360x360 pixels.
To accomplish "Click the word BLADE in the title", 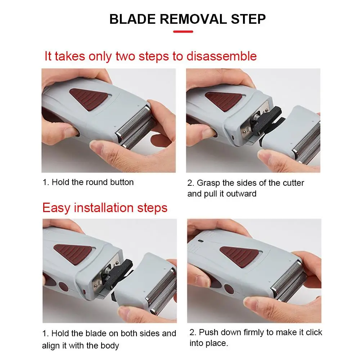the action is (132, 19).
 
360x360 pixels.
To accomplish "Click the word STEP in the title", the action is (248, 19).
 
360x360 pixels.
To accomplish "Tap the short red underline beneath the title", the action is (183, 32).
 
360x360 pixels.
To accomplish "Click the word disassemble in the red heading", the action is (221, 56).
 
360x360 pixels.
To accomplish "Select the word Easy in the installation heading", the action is (56, 208).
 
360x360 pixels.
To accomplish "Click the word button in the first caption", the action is (122, 182).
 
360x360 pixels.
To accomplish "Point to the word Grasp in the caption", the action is (208, 183).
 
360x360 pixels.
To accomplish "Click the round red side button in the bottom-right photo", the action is (229, 289).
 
